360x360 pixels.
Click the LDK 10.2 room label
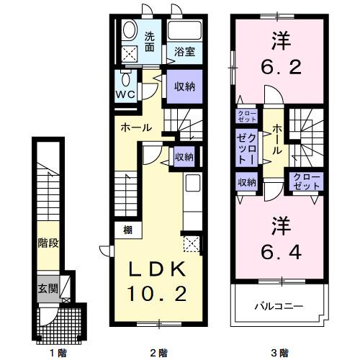pos(159,280)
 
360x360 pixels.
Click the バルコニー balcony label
pos(278,306)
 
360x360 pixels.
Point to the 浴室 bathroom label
pos(185,51)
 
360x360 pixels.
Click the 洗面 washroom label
pos(149,42)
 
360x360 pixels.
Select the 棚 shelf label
pos(127,230)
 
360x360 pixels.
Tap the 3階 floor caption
pos(279,352)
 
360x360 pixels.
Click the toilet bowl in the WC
pos(126,78)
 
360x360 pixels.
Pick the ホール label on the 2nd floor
pos(136,127)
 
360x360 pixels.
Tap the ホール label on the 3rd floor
pos(277,140)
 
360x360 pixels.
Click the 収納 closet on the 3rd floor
pos(246,182)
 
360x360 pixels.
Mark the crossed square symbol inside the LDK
pos(192,243)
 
